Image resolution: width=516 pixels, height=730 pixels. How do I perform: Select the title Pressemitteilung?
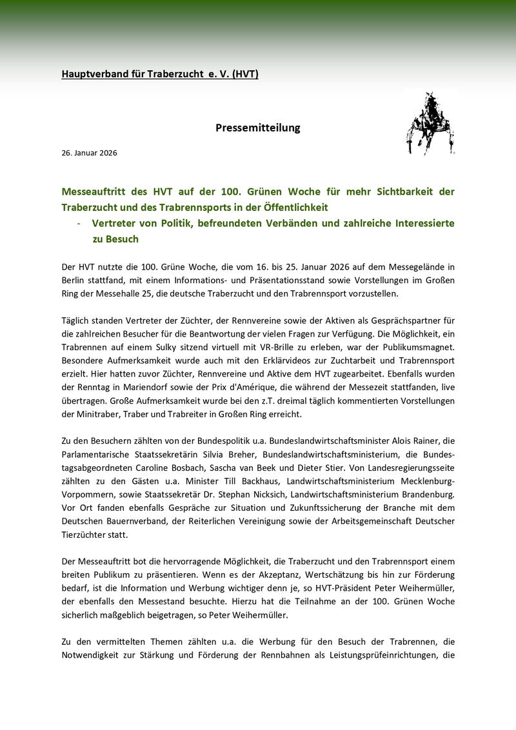coord(258,128)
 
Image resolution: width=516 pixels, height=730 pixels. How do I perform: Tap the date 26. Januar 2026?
coord(90,153)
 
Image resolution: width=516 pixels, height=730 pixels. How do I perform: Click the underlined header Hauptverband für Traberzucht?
coord(160,75)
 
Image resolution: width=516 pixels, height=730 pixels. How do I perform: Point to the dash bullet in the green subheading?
coord(78,223)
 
